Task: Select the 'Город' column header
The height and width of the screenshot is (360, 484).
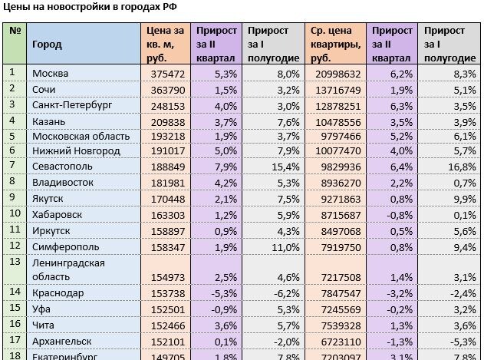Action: click(47, 45)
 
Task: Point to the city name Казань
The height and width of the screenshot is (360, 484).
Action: click(48, 121)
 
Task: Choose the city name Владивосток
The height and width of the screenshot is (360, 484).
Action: click(62, 183)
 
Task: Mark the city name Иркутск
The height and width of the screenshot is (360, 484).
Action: click(51, 230)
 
